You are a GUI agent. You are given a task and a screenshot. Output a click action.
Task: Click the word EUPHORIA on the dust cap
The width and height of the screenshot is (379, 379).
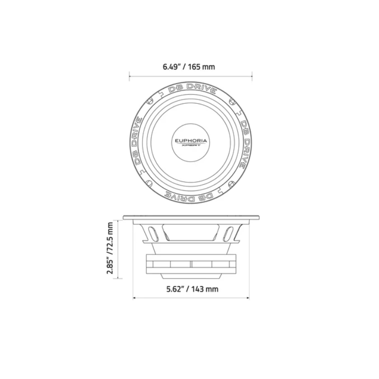[190, 141]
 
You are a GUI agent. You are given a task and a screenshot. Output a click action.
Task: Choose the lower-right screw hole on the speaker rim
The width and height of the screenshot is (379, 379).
[232, 182]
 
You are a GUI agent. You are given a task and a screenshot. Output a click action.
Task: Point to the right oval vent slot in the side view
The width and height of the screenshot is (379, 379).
[230, 234]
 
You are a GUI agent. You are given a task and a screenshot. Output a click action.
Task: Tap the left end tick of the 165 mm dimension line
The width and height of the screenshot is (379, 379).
[129, 74]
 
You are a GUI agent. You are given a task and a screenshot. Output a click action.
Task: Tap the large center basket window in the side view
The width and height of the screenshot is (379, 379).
[191, 233]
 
